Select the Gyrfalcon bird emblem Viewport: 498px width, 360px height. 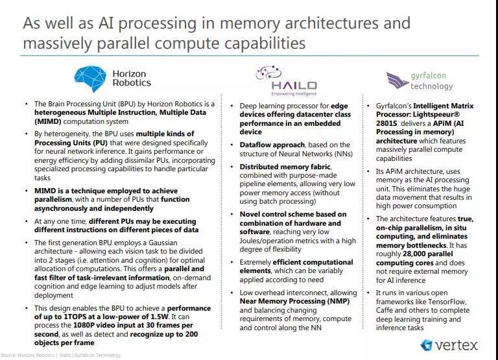coord(396,80)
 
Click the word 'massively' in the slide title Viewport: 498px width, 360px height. coord(56,43)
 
